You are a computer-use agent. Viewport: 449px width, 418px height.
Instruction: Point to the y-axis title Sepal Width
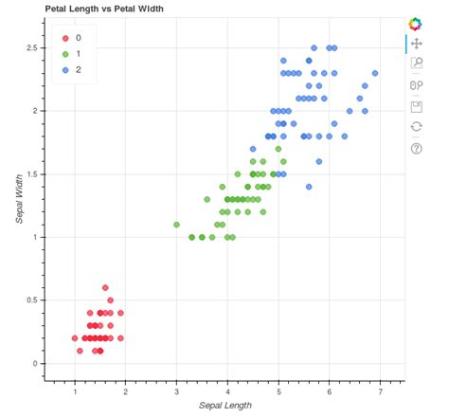(19, 197)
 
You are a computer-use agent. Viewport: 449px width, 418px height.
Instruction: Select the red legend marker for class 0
(64, 38)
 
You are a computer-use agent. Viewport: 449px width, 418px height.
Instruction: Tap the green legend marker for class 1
(64, 54)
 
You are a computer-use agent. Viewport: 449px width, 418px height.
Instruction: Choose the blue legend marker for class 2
(64, 70)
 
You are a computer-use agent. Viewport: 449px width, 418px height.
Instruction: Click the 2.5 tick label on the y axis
(32, 47)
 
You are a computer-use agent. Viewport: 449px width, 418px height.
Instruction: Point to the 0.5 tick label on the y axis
(32, 300)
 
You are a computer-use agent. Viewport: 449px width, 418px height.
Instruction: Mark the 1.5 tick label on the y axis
(32, 174)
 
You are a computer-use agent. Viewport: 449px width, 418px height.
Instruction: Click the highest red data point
(105, 287)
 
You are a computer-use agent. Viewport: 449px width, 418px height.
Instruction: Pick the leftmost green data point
(176, 225)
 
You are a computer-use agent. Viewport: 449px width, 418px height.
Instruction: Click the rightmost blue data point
(375, 73)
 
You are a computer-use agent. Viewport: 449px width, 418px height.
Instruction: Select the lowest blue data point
(309, 187)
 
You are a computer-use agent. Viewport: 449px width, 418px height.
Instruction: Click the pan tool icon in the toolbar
(416, 44)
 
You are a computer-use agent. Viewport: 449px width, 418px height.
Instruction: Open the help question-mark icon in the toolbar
(416, 148)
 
